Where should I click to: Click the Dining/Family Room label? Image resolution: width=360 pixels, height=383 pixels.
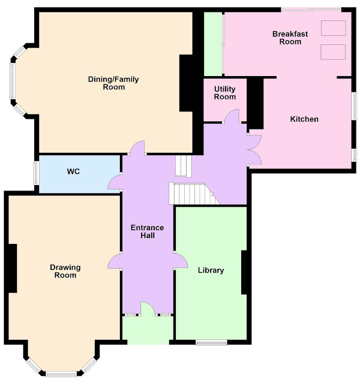tap(113, 83)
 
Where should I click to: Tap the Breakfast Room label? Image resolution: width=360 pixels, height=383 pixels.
tap(290, 38)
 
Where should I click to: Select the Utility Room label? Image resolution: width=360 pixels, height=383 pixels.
tap(225, 93)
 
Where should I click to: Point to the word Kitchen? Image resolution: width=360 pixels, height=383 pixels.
tap(304, 119)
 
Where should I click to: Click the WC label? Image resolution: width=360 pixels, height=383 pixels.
tap(73, 171)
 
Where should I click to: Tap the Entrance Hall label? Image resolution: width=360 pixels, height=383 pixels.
tap(147, 231)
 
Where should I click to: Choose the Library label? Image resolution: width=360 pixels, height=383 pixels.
tap(211, 270)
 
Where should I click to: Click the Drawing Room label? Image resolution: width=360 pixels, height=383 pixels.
tap(65, 271)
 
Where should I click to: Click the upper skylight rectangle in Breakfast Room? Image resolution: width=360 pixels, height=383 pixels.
tap(334, 28)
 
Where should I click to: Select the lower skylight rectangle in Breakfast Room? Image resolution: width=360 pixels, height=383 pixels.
tap(333, 52)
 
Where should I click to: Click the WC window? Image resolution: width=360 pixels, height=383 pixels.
tap(36, 173)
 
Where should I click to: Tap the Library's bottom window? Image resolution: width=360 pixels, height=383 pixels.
tap(211, 343)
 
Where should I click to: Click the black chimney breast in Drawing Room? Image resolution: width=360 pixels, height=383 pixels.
tap(13, 268)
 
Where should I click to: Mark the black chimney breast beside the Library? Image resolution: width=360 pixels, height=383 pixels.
tap(244, 272)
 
